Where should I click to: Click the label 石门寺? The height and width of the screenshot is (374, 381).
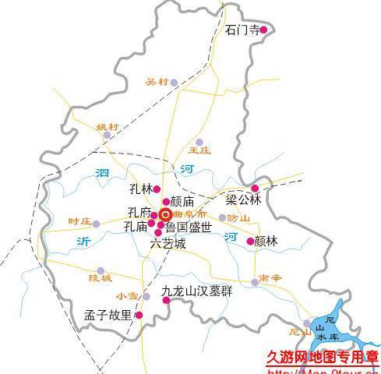point(241,30)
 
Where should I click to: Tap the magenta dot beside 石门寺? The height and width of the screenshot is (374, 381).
point(263,30)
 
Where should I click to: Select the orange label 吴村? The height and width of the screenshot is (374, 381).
point(157,82)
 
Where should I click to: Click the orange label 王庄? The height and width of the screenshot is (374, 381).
point(199,149)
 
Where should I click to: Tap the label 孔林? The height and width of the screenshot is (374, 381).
point(140,189)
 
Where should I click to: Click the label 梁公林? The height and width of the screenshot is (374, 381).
point(242,199)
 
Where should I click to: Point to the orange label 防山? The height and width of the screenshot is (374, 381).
point(238,218)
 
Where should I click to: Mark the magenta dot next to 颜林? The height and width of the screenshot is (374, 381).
point(250,241)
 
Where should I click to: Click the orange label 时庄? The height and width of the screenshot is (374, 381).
point(79,222)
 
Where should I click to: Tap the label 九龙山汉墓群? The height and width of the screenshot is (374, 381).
point(196,292)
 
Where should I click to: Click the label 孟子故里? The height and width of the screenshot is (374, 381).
point(108,316)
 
